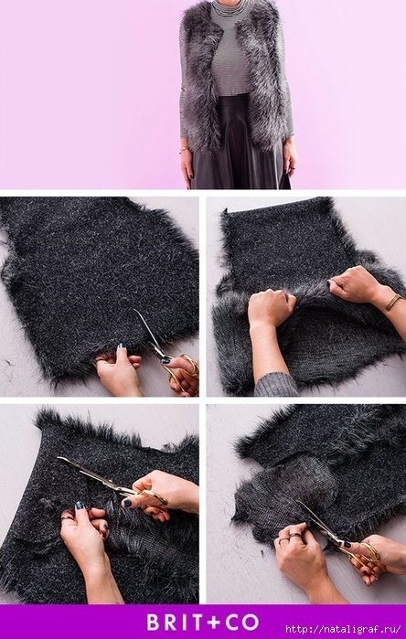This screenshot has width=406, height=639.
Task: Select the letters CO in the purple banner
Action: (x=241, y=623)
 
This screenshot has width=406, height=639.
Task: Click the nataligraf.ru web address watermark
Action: (x=343, y=629)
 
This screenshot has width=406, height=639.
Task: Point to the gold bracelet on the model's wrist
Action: (x=185, y=150)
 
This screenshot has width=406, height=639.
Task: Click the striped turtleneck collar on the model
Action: (x=230, y=5)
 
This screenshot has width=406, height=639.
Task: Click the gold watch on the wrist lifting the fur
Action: (x=393, y=302)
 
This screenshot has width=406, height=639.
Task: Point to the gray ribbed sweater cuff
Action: (x=276, y=384)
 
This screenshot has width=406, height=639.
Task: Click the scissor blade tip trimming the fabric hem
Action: (x=134, y=312)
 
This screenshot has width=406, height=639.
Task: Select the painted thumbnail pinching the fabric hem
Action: (x=122, y=346)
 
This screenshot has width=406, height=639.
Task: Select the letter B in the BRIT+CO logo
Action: (x=154, y=623)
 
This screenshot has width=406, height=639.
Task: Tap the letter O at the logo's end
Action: (x=251, y=623)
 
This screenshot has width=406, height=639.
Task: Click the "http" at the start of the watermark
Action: (x=295, y=629)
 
